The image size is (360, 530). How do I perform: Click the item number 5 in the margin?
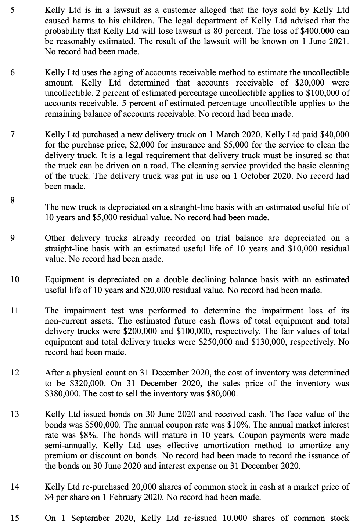click(x=12, y=10)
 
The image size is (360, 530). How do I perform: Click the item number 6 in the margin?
click(x=12, y=73)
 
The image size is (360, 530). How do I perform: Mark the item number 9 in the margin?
click(x=12, y=238)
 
